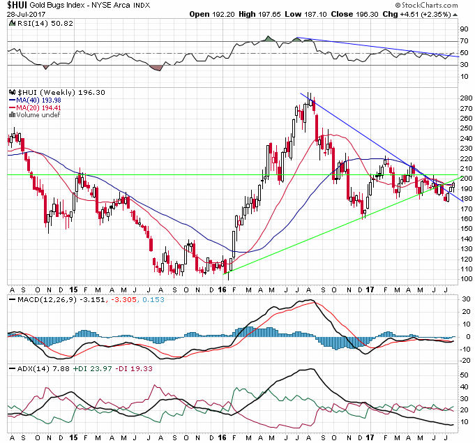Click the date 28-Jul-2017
(x=22, y=14)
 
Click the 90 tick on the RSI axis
(x=462, y=30)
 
